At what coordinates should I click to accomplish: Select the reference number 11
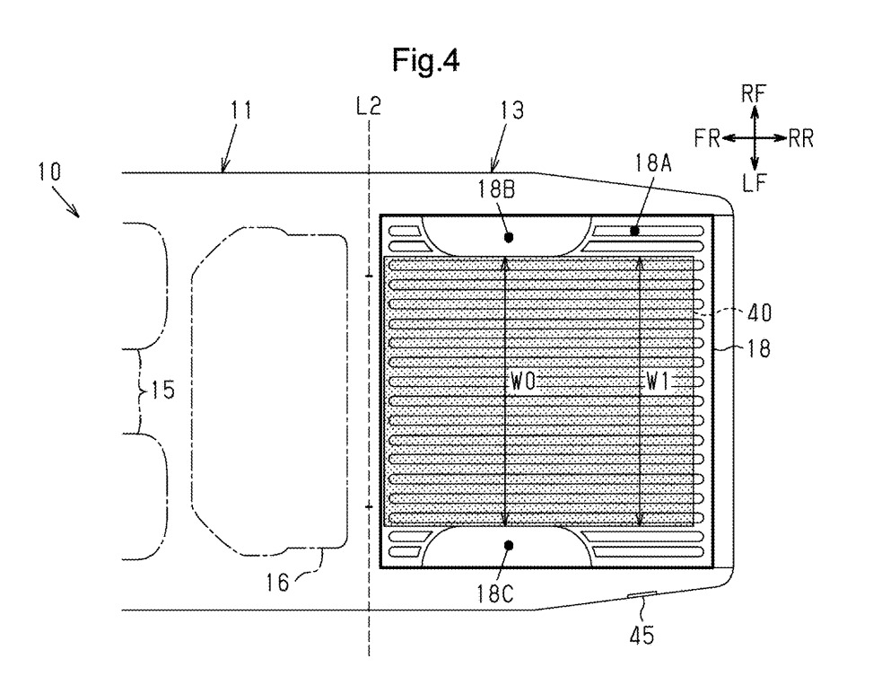pyautogui.click(x=241, y=111)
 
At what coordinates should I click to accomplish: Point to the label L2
pyautogui.click(x=368, y=107)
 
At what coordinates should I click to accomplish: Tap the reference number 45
pyautogui.click(x=641, y=636)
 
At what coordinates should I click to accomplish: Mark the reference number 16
pyautogui.click(x=278, y=583)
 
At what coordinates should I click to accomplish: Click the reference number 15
pyautogui.click(x=162, y=391)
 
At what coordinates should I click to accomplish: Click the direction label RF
pyautogui.click(x=755, y=92)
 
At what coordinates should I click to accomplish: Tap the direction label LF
pyautogui.click(x=755, y=185)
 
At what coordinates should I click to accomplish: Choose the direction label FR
pyautogui.click(x=706, y=139)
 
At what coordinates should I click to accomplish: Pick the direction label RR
pyautogui.click(x=804, y=139)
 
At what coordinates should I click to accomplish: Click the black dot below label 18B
pyautogui.click(x=509, y=238)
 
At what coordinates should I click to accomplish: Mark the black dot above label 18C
pyautogui.click(x=509, y=545)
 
